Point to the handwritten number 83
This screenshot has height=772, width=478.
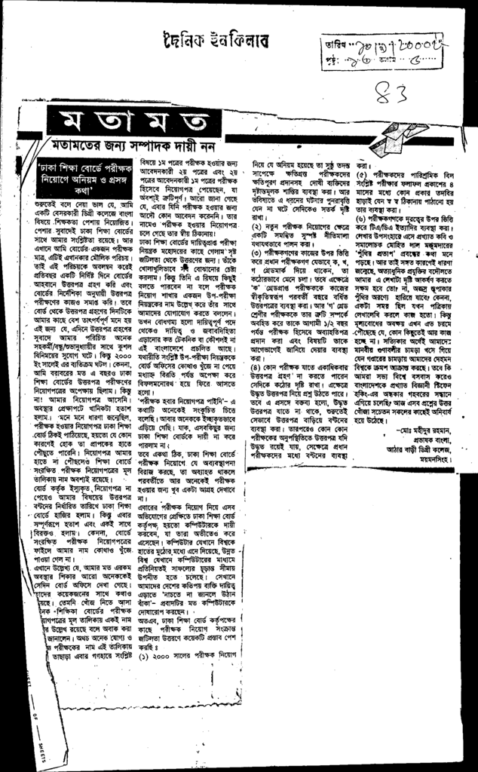tap(389, 94)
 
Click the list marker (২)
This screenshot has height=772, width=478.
tap(257, 205)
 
